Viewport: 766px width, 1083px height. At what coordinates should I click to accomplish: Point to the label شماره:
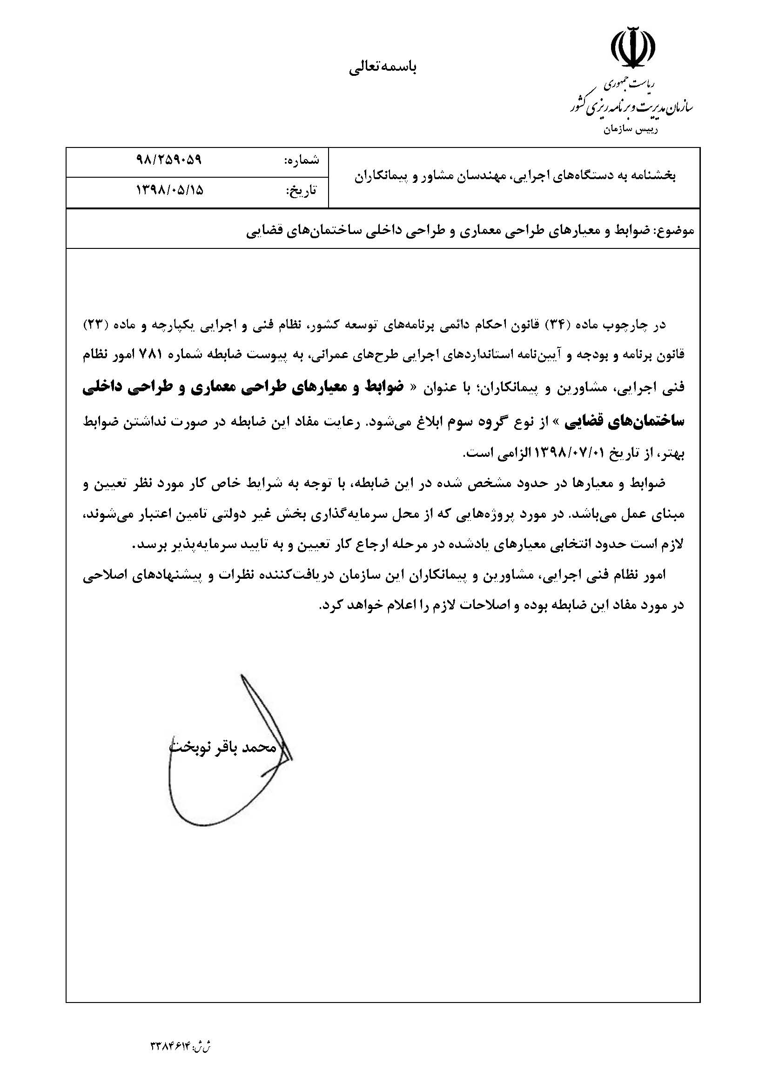tap(301, 160)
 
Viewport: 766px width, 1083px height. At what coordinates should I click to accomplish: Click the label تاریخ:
tap(302, 191)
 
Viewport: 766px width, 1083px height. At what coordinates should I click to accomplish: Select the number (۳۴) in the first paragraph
tap(554, 326)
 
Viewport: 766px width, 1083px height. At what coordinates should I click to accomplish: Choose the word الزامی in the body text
tap(512, 454)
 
